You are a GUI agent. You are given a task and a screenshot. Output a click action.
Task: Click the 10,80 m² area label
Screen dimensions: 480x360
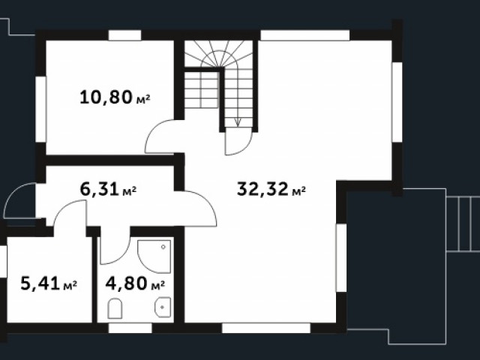tap(115, 97)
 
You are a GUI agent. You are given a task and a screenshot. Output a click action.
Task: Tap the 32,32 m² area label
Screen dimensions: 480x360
tap(271, 189)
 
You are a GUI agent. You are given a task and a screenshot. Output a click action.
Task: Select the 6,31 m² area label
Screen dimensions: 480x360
tap(108, 189)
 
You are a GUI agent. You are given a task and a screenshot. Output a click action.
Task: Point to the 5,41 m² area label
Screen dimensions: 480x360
tap(49, 283)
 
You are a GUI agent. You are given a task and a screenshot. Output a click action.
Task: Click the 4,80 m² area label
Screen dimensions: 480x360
tap(135, 283)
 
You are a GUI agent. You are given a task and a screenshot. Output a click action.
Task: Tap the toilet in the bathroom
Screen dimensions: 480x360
tap(115, 308)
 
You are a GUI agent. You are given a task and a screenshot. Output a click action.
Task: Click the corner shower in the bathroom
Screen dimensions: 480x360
tap(154, 256)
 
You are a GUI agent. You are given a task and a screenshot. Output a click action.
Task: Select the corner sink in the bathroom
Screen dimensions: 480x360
tap(163, 307)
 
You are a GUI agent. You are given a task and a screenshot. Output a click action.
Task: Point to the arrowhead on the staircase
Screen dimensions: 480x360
tap(238, 122)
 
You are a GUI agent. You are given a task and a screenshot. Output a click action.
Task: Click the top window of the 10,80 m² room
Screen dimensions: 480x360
tap(124, 35)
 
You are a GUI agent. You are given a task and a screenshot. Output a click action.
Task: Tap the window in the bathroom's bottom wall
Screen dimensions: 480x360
tap(130, 328)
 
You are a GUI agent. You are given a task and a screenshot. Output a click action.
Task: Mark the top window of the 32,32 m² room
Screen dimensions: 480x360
tap(305, 35)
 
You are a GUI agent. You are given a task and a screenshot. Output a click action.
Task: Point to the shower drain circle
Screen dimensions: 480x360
tap(163, 247)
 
